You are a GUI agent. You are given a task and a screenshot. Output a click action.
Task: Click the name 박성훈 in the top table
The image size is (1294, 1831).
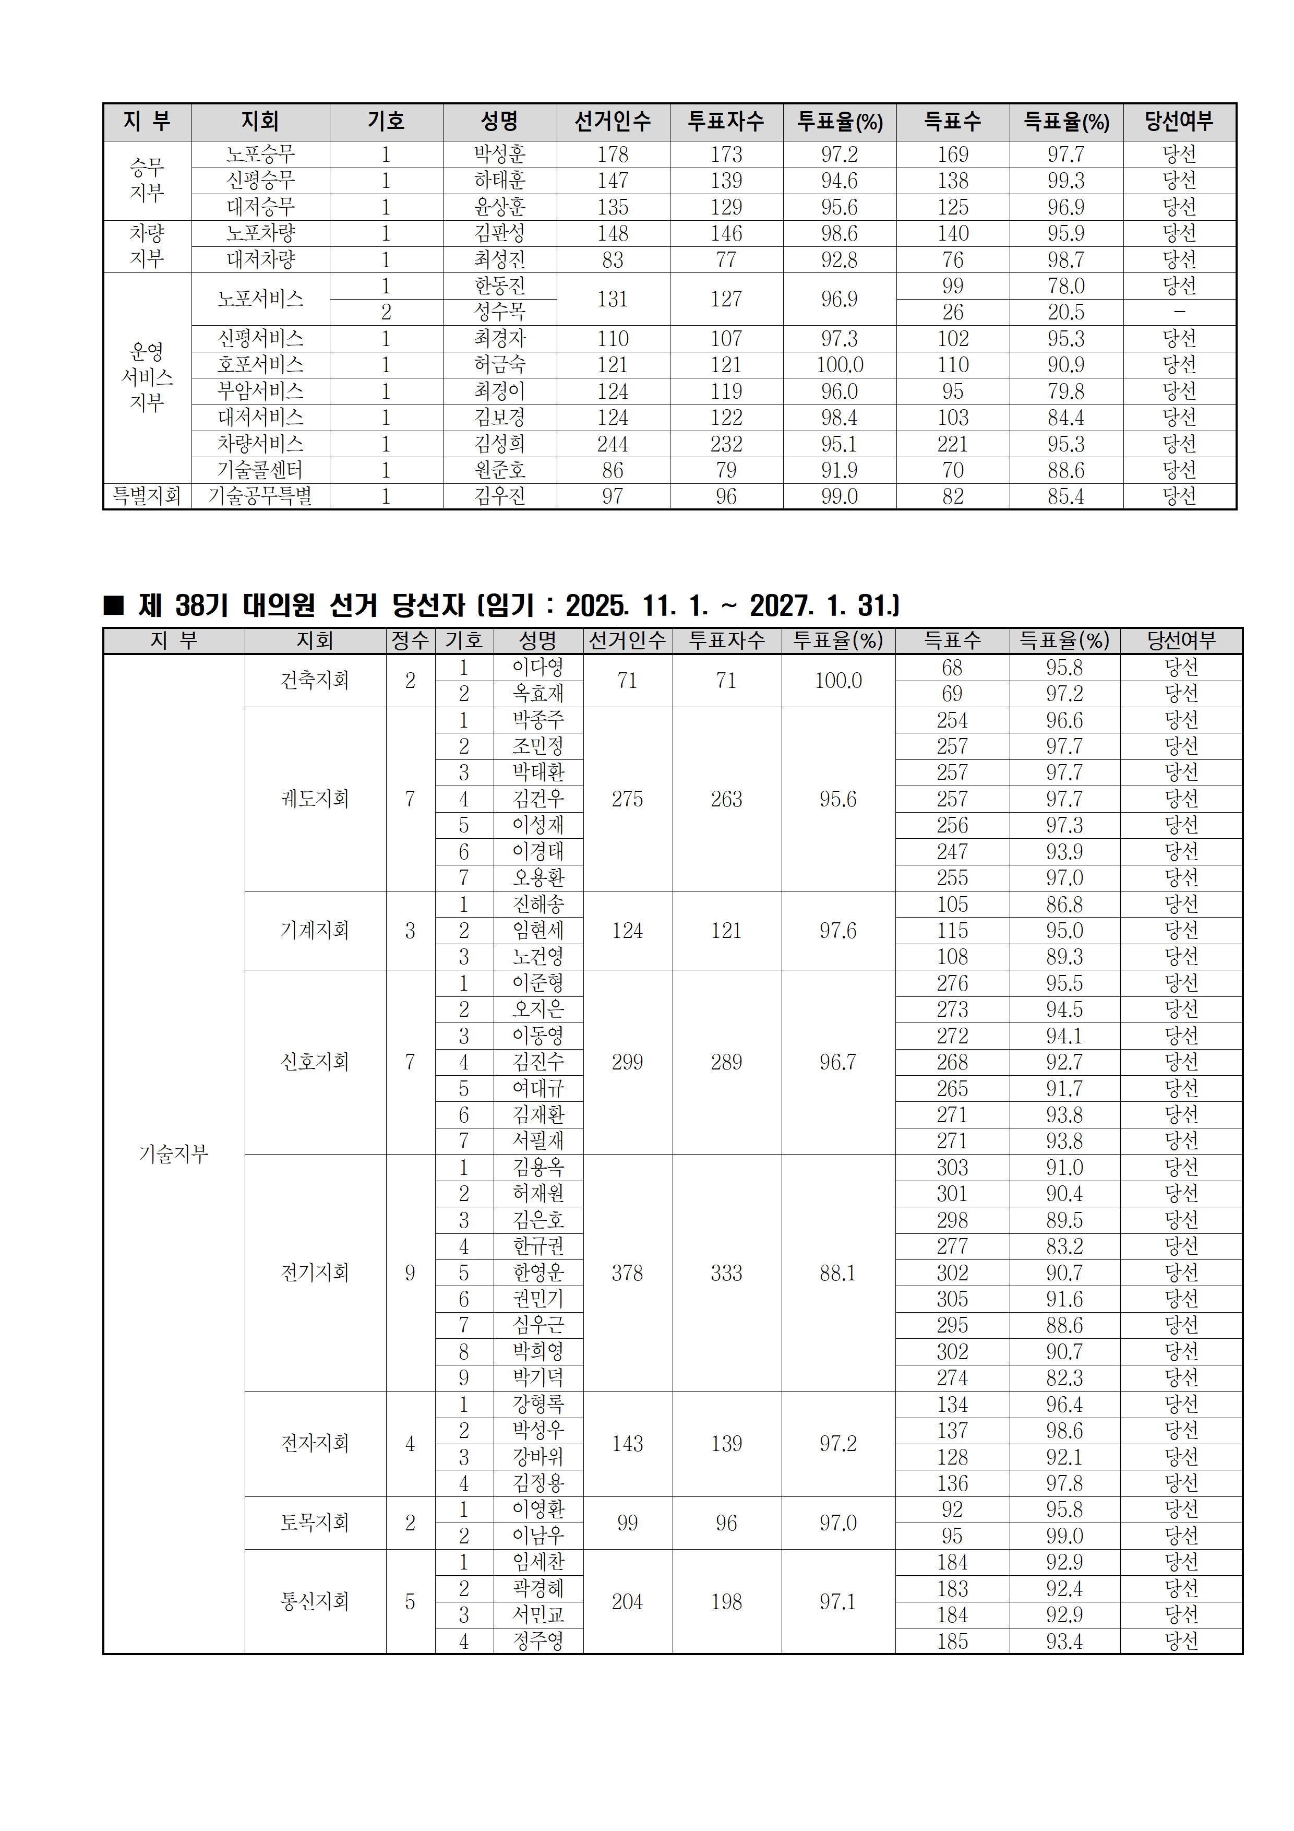[x=500, y=154]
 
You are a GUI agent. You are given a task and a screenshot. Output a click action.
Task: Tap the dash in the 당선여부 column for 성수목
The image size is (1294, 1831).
[x=1179, y=312]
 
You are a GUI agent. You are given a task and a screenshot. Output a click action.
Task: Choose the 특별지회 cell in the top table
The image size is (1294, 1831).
[x=147, y=496]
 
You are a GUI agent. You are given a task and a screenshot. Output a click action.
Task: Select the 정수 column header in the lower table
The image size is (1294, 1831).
[x=410, y=640]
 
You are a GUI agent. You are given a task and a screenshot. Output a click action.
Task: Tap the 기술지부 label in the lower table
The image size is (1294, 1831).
[x=173, y=1153]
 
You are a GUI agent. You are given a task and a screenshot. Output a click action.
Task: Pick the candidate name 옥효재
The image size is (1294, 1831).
[x=538, y=694]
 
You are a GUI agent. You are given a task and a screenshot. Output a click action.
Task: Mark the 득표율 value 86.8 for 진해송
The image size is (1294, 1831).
[x=1064, y=905]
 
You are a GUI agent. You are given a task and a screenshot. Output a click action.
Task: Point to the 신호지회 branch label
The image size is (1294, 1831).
[x=315, y=1062]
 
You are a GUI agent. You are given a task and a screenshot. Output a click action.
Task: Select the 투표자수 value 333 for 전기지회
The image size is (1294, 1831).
[x=726, y=1273]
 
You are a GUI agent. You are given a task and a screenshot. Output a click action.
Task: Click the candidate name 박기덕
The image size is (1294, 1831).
[x=538, y=1378]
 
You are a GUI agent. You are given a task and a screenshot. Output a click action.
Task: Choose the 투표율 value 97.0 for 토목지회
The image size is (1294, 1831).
[x=838, y=1523]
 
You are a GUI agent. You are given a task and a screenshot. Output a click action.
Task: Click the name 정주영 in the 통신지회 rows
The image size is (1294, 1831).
[x=538, y=1641]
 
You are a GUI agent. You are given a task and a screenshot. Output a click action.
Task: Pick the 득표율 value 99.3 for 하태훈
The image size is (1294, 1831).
[x=1066, y=180]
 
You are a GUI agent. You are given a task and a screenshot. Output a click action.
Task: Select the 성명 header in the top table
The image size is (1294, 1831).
[x=500, y=121]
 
